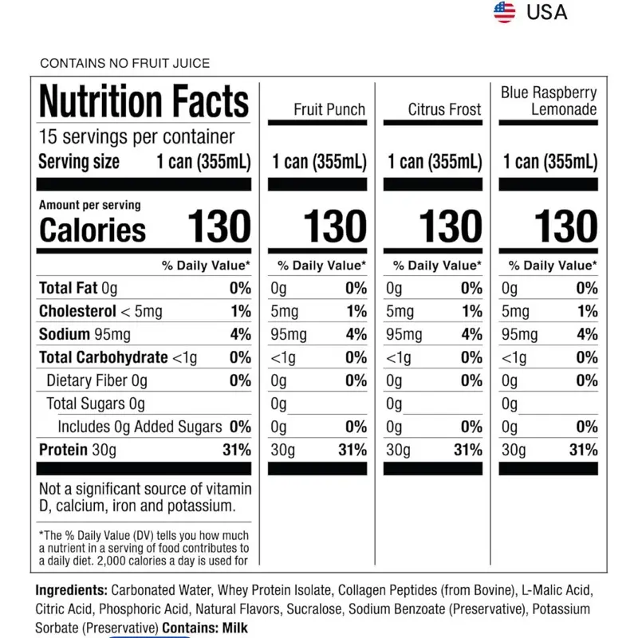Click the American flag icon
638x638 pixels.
point(504,12)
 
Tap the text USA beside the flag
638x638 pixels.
point(546,12)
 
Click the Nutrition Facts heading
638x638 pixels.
point(144,101)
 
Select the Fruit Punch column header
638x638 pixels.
point(329,109)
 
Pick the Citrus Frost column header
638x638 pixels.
point(444,109)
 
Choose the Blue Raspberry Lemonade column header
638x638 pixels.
point(549,101)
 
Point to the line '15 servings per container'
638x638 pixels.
point(136,136)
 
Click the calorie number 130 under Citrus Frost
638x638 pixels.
point(451,226)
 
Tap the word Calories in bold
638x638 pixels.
point(93,230)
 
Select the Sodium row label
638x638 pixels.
point(65,334)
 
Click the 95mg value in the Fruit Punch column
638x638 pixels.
point(289,334)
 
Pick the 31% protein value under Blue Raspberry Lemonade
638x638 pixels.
point(583,450)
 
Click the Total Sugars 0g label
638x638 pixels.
point(96,404)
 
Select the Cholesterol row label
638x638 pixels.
point(77,311)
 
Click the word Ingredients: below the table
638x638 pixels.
point(71,590)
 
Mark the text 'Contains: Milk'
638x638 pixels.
point(205,628)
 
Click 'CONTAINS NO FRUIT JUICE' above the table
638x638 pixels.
point(125,63)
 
